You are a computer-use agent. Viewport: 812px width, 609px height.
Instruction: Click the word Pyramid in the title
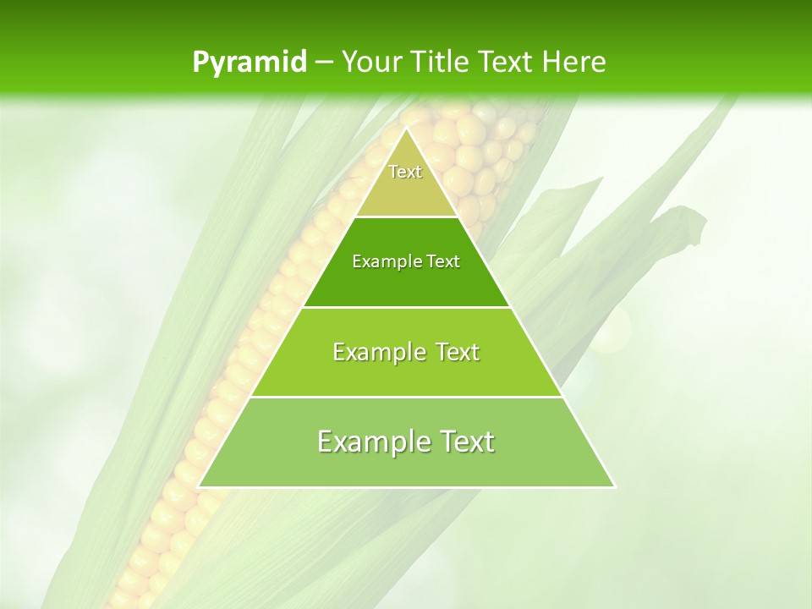(249, 63)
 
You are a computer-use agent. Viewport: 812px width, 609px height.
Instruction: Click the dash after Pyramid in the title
(323, 63)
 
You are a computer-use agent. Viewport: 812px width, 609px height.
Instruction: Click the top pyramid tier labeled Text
(406, 182)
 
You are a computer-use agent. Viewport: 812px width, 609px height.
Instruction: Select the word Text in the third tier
(455, 352)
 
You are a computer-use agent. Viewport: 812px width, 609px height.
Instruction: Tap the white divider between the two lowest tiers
(406, 397)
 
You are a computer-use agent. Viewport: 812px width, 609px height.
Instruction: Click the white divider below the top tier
(406, 217)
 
